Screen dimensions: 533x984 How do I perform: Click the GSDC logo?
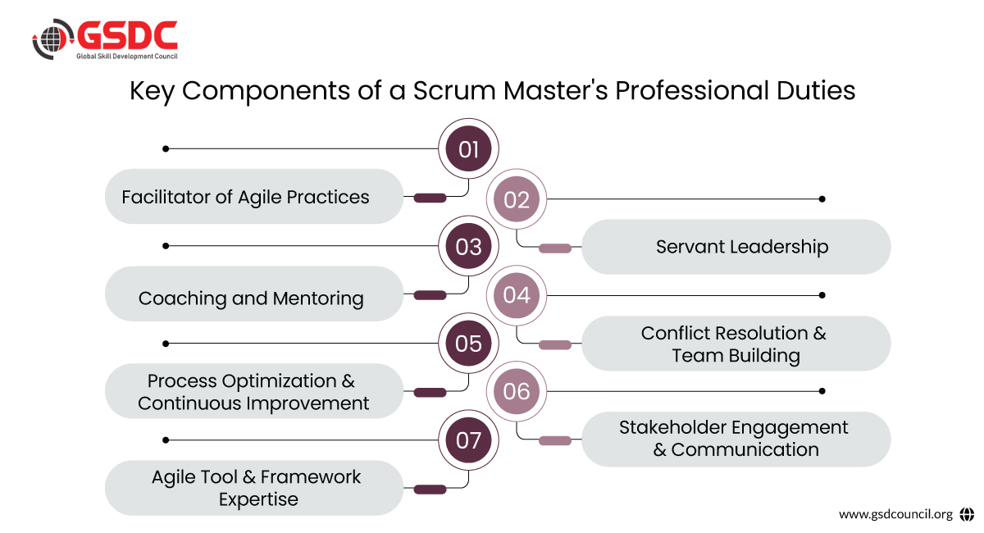104,39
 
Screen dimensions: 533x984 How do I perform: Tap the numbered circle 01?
468,149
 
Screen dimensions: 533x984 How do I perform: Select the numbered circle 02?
517,199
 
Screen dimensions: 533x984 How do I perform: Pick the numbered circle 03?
468,246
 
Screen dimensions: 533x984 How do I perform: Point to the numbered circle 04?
517,295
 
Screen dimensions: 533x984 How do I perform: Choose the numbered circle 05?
468,343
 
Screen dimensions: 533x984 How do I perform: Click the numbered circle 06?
517,391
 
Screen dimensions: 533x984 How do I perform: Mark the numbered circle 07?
468,440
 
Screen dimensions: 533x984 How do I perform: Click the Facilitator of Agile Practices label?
246,197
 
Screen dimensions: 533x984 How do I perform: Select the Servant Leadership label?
742,246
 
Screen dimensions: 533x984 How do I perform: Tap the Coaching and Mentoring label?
251,298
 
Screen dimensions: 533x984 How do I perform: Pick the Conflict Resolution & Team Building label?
735,344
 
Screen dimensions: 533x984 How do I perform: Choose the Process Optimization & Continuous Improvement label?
253,392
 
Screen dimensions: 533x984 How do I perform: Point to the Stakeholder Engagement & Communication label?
735,439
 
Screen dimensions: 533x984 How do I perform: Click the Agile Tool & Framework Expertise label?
257,488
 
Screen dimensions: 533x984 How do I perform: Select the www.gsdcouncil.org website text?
895,514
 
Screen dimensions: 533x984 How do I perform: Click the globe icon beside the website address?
966,514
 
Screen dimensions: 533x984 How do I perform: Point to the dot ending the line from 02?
822,199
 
